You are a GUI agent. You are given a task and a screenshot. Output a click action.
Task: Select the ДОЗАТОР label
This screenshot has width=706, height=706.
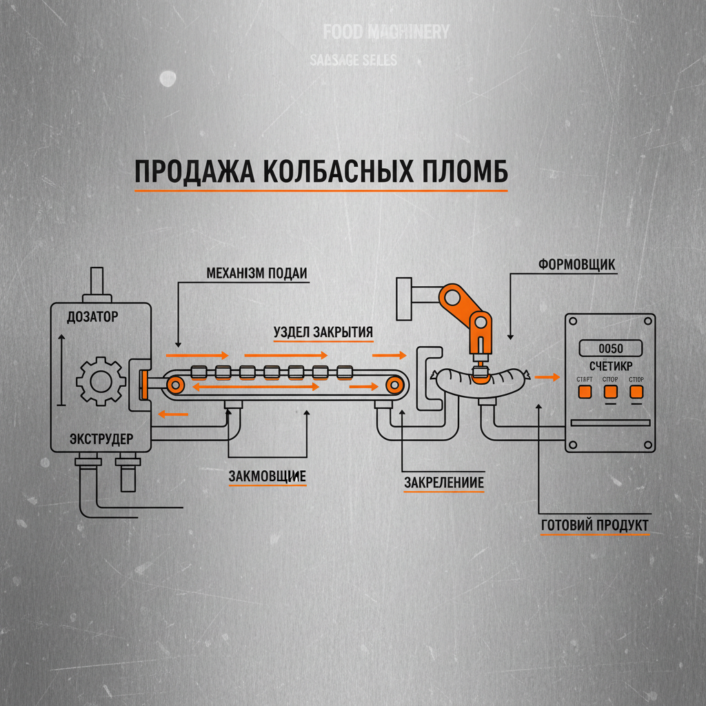click(x=92, y=317)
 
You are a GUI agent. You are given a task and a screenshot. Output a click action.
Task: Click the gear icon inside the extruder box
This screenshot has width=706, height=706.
click(x=101, y=380)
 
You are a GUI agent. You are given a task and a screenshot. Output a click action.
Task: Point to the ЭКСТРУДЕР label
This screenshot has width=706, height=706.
click(x=102, y=438)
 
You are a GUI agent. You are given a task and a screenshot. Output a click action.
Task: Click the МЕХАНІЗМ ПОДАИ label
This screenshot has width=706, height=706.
click(x=256, y=273)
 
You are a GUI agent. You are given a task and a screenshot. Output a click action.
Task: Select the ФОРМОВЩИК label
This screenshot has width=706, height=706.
click(x=576, y=265)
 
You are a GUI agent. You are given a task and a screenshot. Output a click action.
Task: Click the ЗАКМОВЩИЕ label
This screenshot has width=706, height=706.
click(x=267, y=476)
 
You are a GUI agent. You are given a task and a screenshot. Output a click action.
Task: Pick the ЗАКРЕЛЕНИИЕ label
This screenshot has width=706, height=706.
click(x=444, y=483)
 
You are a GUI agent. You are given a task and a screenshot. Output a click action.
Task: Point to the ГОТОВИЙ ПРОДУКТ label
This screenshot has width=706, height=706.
click(x=595, y=525)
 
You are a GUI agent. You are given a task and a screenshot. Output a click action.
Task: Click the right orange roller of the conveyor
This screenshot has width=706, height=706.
click(x=395, y=383)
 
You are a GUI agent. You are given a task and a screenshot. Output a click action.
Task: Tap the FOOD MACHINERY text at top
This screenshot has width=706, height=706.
click(x=386, y=32)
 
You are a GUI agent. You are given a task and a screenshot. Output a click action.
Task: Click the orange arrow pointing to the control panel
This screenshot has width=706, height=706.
click(x=547, y=377)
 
